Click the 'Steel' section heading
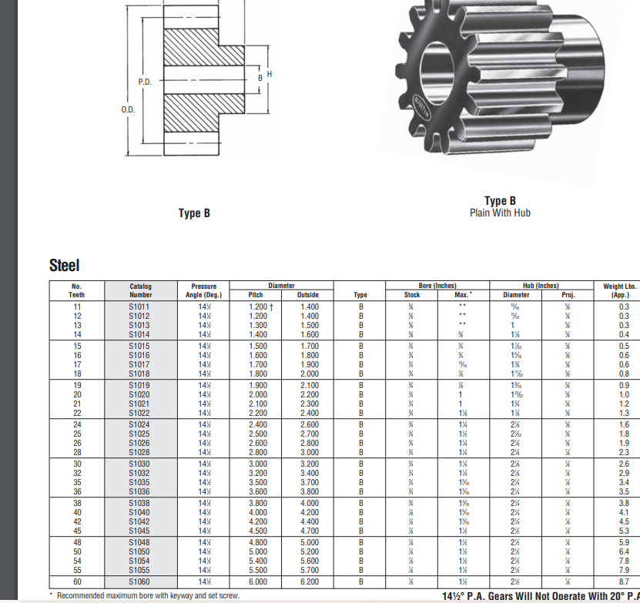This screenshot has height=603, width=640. [x=64, y=266]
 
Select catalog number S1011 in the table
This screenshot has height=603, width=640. [x=139, y=307]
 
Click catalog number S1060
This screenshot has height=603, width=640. [x=139, y=582]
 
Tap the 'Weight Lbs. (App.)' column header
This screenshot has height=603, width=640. [x=619, y=290]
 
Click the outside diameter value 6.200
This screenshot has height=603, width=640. [x=308, y=582]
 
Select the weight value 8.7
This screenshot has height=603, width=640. [x=624, y=582]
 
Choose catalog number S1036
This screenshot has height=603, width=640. [x=139, y=491]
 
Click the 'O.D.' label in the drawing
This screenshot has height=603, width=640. [x=128, y=109]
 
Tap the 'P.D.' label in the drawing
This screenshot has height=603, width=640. [x=145, y=81]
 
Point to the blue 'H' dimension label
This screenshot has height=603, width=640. [x=270, y=74]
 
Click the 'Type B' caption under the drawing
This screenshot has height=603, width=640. [x=194, y=213]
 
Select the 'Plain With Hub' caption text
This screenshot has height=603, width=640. [x=500, y=213]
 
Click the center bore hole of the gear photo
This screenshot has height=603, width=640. [x=423, y=99]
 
